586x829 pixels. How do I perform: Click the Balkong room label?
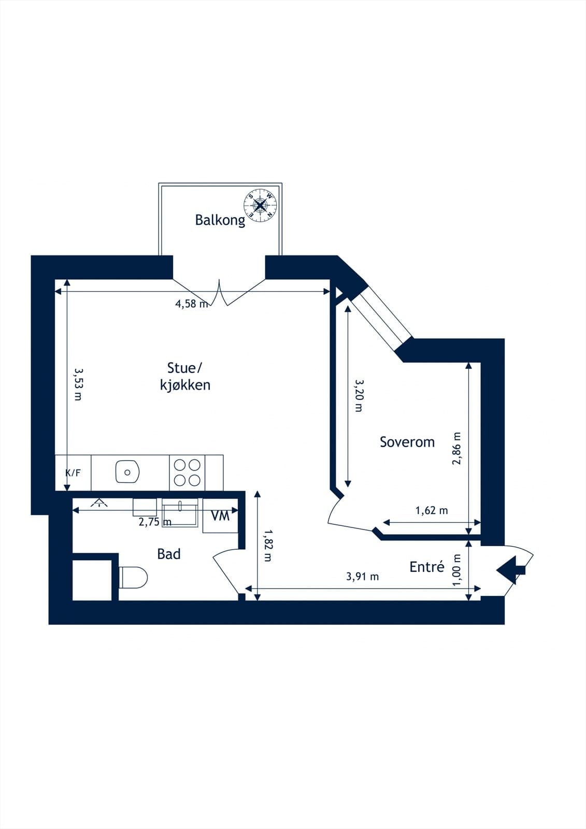[x=220, y=220]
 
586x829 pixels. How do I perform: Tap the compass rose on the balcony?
[x=262, y=205]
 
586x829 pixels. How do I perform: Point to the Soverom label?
[x=407, y=442]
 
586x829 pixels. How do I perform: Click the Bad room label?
[x=169, y=554]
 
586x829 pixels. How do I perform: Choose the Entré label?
[x=427, y=567]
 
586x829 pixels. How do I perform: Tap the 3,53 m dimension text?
[x=78, y=384]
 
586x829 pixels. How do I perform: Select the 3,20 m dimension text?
[x=359, y=395]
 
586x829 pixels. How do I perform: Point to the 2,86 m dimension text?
[x=456, y=449]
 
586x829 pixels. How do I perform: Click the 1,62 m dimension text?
[x=432, y=511]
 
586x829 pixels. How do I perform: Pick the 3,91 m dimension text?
[x=362, y=576]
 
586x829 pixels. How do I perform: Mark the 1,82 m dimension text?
[x=267, y=545]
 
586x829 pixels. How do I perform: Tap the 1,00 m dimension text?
[x=456, y=570]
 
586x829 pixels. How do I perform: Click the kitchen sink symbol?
[x=127, y=472]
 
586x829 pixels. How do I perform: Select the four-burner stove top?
[x=187, y=473]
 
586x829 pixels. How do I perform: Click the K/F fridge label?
[x=73, y=473]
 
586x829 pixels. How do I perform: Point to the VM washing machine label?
[x=221, y=516]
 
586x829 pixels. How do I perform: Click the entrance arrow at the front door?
[x=510, y=569]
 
